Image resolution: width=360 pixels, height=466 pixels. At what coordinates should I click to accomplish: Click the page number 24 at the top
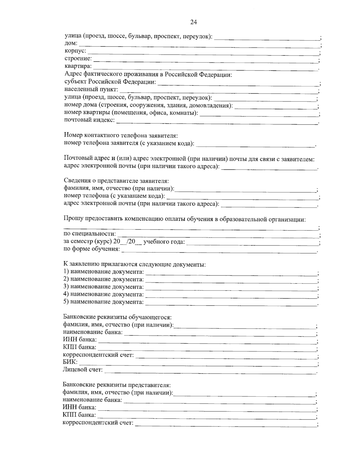(193, 22)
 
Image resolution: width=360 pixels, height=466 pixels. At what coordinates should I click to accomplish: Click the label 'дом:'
(71, 44)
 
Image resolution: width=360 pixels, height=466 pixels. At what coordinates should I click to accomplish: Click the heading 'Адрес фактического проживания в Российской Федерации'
(148, 74)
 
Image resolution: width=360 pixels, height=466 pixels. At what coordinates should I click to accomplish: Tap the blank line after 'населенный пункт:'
(219, 92)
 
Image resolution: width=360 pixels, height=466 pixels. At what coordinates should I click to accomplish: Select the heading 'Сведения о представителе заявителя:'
(116, 181)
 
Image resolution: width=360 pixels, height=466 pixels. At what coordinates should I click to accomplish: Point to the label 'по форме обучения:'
(91, 249)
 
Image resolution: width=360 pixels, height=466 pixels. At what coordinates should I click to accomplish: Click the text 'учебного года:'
(164, 242)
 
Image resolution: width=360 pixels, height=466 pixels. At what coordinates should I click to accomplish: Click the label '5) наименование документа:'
(103, 302)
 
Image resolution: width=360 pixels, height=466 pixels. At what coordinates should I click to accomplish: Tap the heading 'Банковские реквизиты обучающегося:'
(117, 317)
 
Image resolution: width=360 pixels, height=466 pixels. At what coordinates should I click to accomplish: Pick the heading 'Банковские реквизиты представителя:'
(117, 385)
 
